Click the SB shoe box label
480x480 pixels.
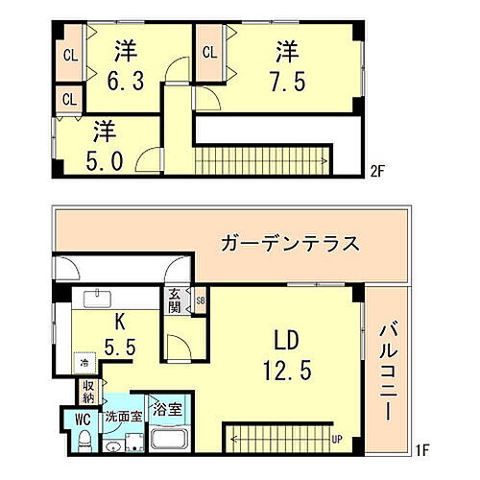(200, 300)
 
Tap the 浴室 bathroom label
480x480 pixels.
(168, 410)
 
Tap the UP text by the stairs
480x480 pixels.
(336, 441)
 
